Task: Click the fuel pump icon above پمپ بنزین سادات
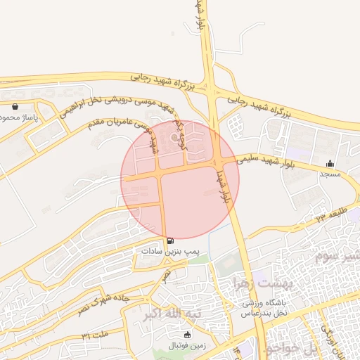click(x=171, y=240)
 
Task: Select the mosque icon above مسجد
click(x=330, y=163)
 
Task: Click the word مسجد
click(x=330, y=173)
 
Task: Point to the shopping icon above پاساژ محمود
click(x=15, y=107)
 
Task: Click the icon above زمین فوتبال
click(x=186, y=335)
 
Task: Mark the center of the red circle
click(x=180, y=179)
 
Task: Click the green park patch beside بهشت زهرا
click(x=226, y=264)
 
